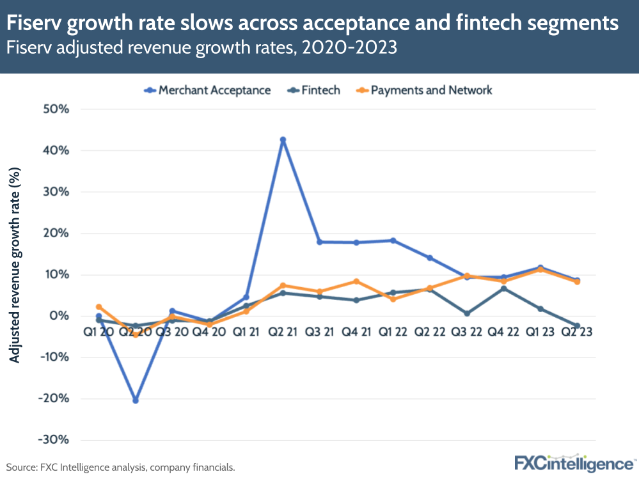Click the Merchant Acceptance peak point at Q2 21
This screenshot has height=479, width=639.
pos(283,139)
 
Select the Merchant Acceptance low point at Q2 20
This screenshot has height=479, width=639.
pos(136,400)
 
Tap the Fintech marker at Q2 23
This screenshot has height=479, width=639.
pos(578,326)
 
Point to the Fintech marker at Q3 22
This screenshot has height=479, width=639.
pos(467,313)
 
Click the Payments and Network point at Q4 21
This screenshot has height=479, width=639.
pos(356,281)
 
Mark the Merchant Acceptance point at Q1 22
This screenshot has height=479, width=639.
pos(393,240)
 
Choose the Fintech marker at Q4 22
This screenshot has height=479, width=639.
pos(504,288)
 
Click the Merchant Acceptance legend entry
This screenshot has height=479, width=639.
pos(207,90)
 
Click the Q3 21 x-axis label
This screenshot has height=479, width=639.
pos(319,334)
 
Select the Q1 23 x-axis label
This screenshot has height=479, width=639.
pos(540,334)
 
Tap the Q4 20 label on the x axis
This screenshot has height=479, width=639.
pos(209,334)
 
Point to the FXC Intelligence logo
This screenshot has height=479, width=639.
pos(574,462)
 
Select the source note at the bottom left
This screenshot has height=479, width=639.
pos(120,467)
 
